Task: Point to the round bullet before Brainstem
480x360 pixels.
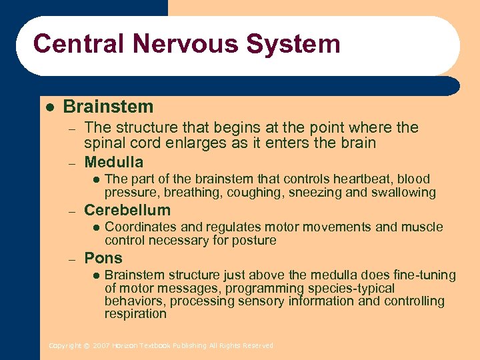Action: [x=49, y=107]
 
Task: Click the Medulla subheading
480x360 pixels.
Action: [x=113, y=162]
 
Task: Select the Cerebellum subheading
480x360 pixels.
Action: [x=127, y=210]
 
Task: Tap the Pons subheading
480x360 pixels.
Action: [x=103, y=258]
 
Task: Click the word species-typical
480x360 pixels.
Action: [x=351, y=288]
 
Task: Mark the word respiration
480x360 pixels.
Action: [x=135, y=313]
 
